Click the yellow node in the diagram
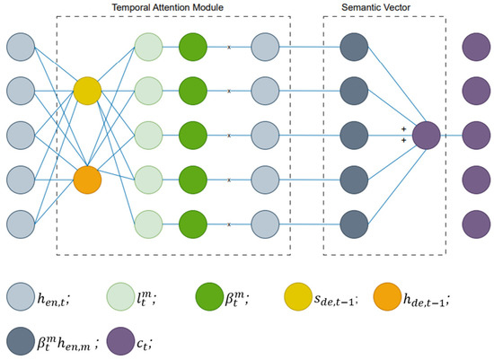[87, 89]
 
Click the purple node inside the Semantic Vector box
[426, 135]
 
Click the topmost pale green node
[148, 47]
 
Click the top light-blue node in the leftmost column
[21, 47]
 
